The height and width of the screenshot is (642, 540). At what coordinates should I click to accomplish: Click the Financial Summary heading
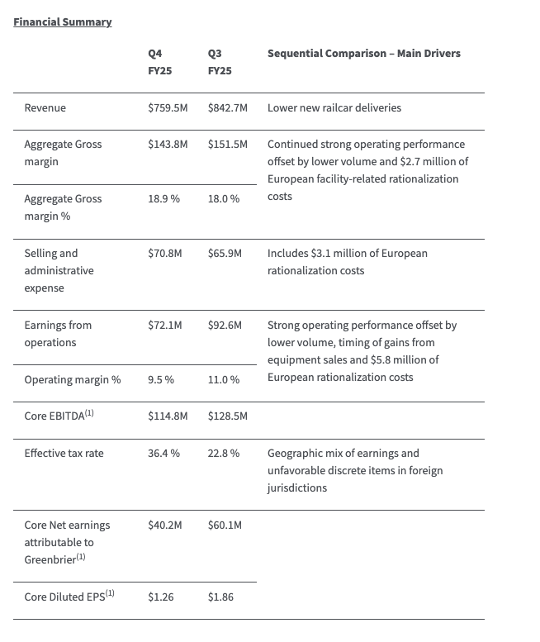point(63,21)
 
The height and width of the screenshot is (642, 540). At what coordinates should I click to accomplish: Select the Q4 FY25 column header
point(160,62)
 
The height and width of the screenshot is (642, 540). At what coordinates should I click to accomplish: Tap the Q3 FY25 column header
point(220,62)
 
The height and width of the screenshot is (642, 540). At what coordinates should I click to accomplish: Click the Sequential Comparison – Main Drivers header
point(363,53)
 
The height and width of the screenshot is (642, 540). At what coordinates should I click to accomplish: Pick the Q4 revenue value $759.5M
point(168,107)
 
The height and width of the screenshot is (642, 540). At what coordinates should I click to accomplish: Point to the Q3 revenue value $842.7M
point(228,107)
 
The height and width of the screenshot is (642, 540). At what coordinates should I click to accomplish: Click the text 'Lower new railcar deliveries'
point(334,107)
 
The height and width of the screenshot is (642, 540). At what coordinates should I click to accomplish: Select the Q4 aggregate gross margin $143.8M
point(168,144)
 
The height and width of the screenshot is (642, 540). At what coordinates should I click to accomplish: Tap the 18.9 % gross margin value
point(163,198)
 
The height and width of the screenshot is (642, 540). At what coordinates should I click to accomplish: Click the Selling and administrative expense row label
point(59,270)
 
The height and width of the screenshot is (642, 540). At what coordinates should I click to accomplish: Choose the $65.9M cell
point(225,253)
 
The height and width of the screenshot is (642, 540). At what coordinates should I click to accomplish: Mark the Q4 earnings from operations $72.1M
point(165,325)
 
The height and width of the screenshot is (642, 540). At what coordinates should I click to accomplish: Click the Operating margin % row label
point(73,379)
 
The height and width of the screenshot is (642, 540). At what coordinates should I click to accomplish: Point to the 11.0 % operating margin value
point(224,379)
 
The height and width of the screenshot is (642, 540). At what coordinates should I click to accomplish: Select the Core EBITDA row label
point(59,416)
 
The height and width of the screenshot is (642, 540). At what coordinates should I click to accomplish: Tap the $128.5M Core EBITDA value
point(228,416)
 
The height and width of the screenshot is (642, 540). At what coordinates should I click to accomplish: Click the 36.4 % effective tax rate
point(163,453)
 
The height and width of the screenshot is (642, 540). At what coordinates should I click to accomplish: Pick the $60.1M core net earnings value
point(225,525)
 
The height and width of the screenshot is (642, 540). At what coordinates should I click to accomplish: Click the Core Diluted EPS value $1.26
point(161,596)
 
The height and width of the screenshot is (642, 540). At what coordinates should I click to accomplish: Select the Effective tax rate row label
point(64,453)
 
